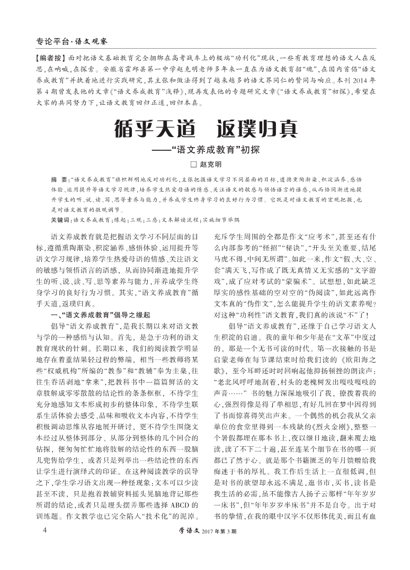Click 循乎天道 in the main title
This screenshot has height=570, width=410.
click(x=151, y=129)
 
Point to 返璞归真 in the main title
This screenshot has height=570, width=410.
click(x=257, y=129)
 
